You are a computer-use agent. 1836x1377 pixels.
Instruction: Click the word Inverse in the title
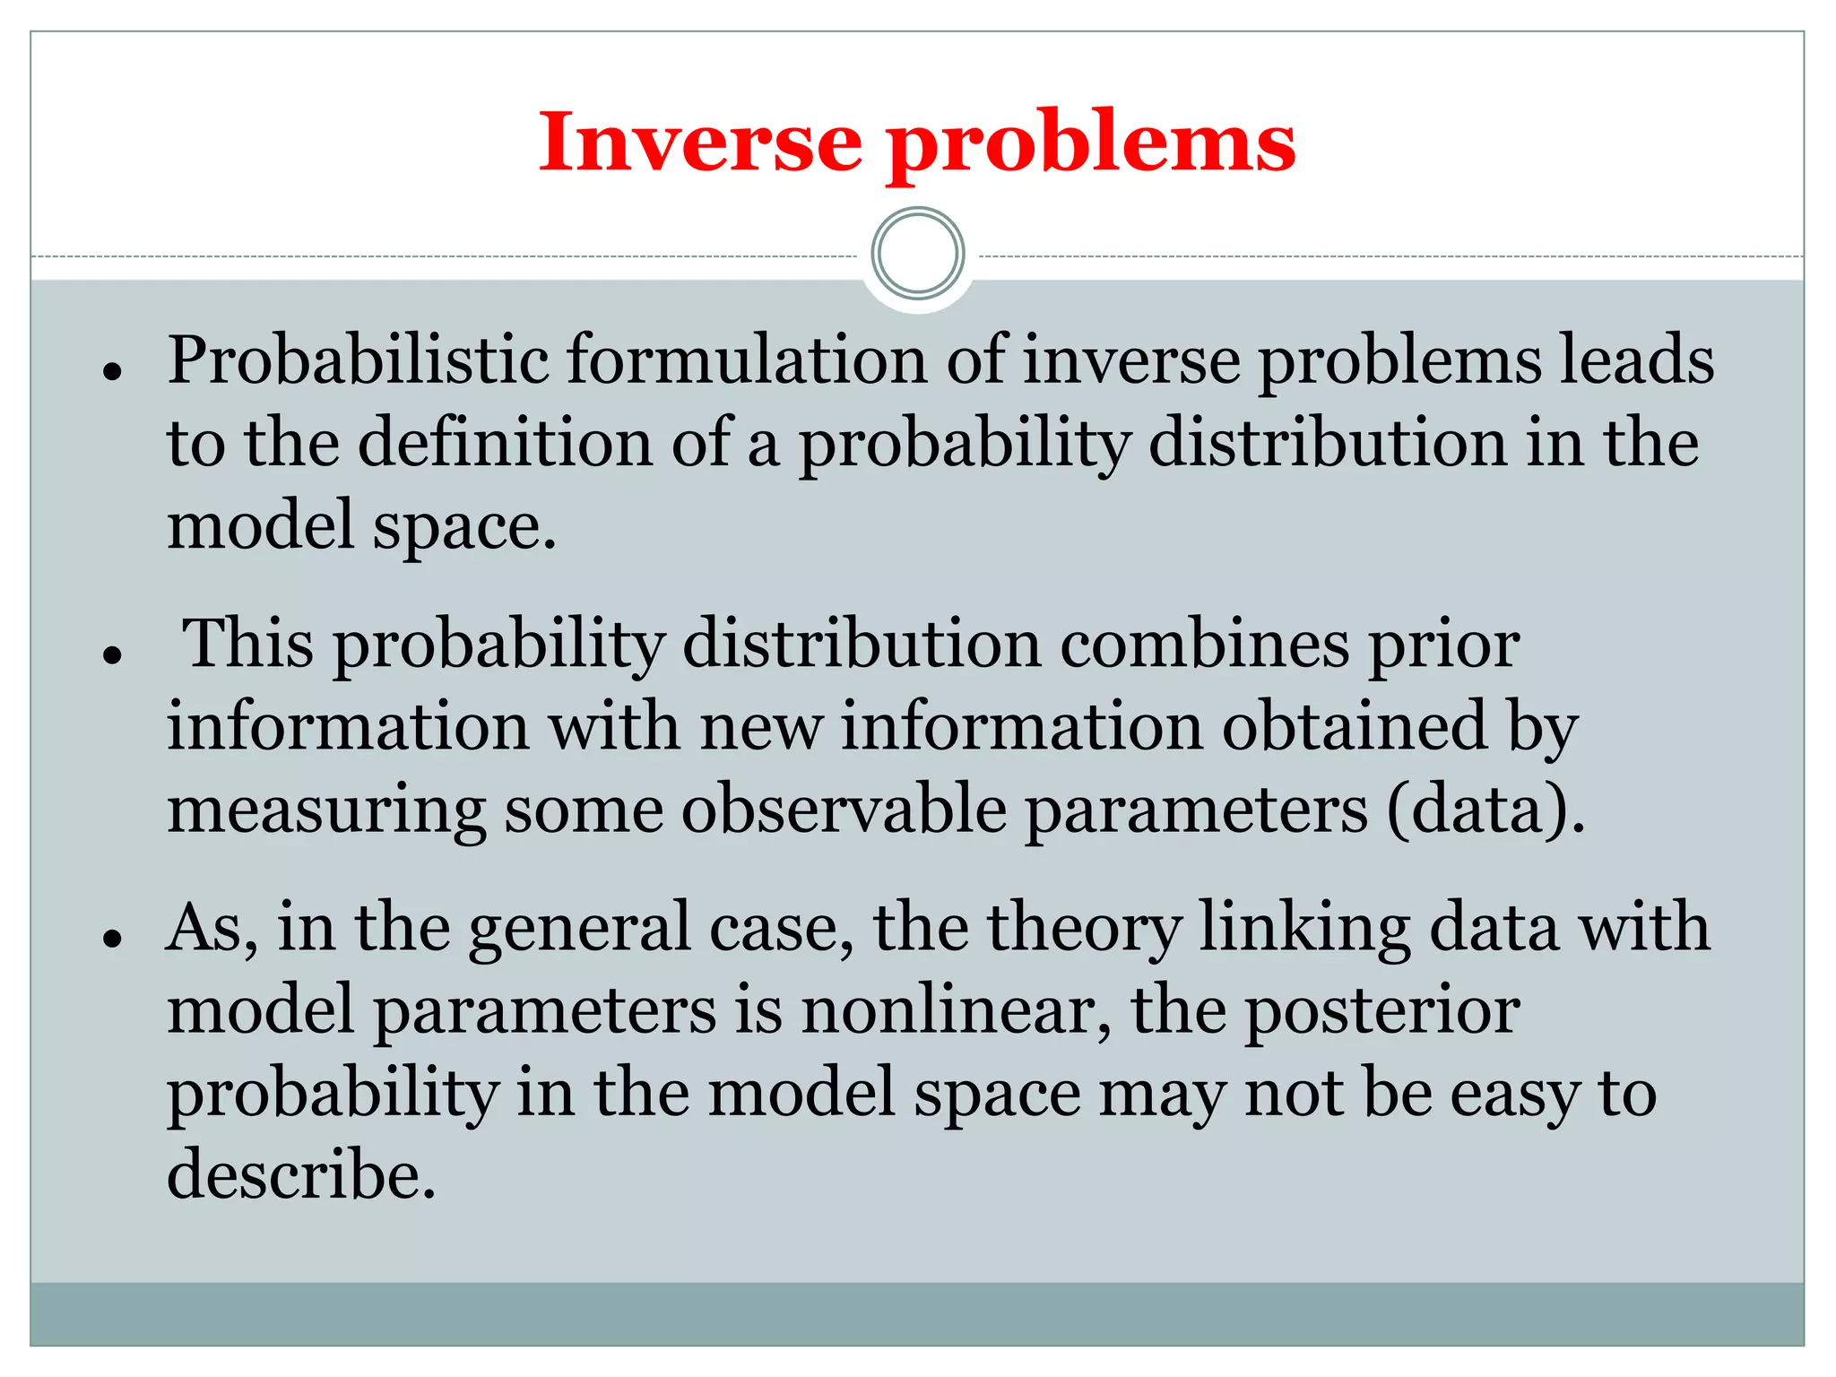(x=700, y=142)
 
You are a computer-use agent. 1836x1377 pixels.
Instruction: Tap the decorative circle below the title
(x=918, y=254)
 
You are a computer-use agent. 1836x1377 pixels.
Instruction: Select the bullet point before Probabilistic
(x=112, y=370)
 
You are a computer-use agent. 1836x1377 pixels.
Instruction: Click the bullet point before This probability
(x=112, y=654)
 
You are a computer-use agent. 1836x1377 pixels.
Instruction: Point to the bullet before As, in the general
(x=112, y=939)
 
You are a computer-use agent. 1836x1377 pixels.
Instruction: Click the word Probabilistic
(x=358, y=360)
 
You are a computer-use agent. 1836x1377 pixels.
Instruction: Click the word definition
(x=506, y=443)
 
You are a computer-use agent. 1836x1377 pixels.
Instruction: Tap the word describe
(x=301, y=1175)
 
